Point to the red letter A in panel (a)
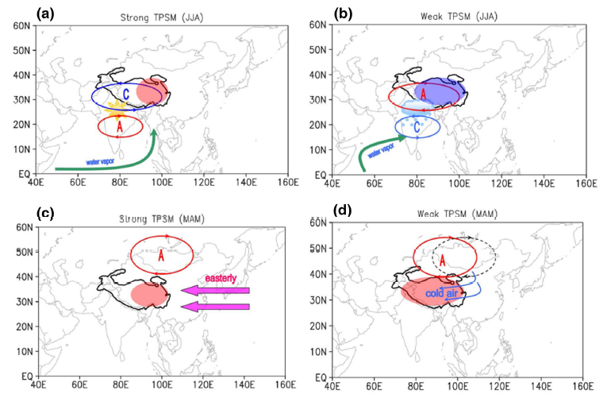pyautogui.click(x=119, y=126)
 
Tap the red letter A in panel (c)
pyautogui.click(x=160, y=256)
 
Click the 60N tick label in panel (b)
pyautogui.click(x=318, y=25)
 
